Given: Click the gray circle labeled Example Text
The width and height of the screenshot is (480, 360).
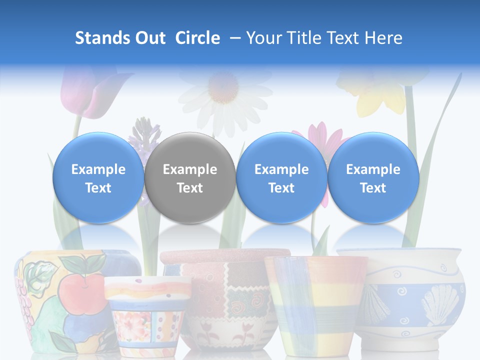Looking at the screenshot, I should tap(190, 178).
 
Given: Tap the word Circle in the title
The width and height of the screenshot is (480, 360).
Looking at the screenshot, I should tap(197, 38).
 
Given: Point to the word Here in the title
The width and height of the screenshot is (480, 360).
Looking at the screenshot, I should tap(383, 38).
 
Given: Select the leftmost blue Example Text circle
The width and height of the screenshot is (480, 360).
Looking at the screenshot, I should tap(98, 178).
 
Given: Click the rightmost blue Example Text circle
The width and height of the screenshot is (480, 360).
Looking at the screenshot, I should tap(373, 178).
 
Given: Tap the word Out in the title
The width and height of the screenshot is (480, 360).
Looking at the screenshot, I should tap(149, 38).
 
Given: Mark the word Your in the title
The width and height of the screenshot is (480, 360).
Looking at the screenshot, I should tap(263, 38).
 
